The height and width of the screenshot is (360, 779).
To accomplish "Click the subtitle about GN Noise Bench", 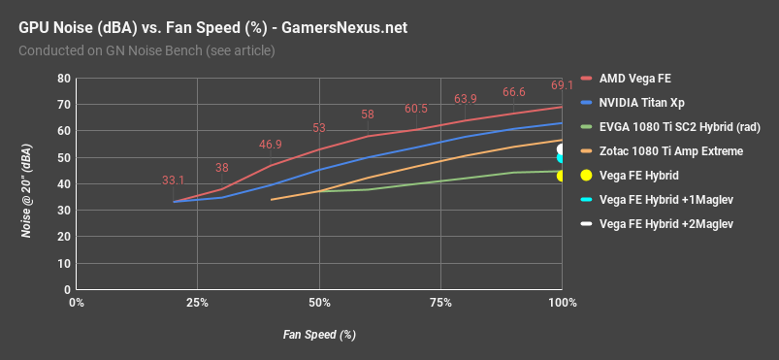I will click(x=146, y=50).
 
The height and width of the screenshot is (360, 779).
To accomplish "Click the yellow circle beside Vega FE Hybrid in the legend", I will click(x=587, y=176).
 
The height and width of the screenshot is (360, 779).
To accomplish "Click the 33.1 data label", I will click(x=174, y=180).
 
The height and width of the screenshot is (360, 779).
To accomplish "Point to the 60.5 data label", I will click(x=416, y=109).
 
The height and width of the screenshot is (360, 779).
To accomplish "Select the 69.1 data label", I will click(x=564, y=84).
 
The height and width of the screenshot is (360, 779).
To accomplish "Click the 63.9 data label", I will click(x=466, y=99).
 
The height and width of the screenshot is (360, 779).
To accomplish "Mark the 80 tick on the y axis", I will click(x=63, y=78).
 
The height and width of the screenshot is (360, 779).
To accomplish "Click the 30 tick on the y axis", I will click(x=63, y=210).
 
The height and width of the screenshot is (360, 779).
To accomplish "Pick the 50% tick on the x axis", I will click(x=319, y=304).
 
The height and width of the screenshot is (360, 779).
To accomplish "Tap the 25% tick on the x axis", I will click(x=198, y=304).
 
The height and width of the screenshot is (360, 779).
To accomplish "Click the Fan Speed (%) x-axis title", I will click(x=319, y=335).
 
